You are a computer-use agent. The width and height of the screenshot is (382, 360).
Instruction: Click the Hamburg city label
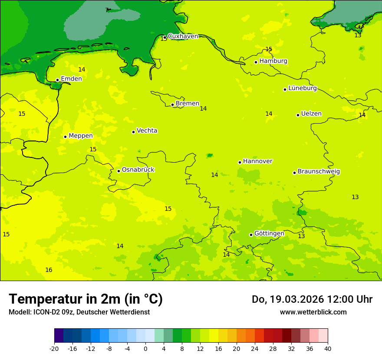coord(273,61)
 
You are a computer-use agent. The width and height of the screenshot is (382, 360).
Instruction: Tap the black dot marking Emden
coord(57,80)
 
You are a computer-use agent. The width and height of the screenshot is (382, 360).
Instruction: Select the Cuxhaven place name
coord(183,36)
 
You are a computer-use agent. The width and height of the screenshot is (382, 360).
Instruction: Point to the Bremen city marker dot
coord(172,105)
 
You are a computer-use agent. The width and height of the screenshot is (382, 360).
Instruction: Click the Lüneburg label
coord(302,88)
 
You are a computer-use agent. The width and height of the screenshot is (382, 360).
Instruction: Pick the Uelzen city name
coord(311,114)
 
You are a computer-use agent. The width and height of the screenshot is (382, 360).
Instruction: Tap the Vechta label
coord(147,131)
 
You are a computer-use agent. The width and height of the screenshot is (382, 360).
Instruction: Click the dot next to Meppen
coord(65,137)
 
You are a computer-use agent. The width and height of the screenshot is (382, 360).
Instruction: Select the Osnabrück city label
coord(138,170)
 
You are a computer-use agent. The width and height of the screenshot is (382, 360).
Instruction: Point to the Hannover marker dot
coord(240,162)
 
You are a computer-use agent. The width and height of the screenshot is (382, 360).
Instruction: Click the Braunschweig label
coord(319,172)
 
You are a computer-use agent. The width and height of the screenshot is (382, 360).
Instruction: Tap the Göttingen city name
coord(269,234)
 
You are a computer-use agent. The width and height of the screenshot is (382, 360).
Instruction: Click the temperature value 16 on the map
coord(49,270)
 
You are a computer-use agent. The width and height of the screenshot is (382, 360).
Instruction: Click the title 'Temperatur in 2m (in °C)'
coord(86,299)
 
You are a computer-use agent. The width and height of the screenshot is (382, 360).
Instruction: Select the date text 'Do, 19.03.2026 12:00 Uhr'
coord(312,299)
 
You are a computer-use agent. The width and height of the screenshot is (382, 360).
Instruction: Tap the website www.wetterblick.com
coord(313,312)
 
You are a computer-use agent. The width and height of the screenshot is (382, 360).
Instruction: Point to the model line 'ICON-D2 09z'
coord(79,312)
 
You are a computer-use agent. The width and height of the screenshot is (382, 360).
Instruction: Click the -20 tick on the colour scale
coord(54,349)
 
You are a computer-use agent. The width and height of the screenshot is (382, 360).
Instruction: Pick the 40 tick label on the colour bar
coord(327,349)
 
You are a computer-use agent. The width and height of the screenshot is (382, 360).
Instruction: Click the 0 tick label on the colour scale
coord(145,349)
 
